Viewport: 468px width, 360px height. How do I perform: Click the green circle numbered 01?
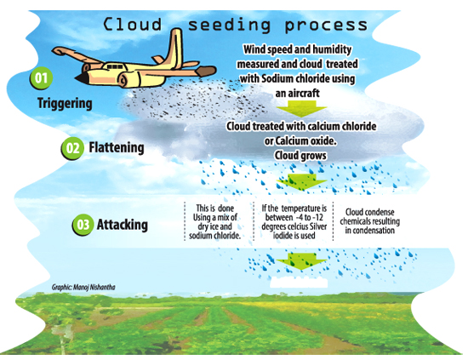point(41,78)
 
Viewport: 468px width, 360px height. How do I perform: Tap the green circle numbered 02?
point(72,148)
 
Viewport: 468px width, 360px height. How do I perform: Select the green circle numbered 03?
point(83,225)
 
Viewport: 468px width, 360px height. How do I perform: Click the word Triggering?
point(65,104)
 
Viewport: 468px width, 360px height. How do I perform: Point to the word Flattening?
point(117,147)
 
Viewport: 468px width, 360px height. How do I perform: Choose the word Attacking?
point(122,225)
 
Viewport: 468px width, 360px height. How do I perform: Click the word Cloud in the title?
point(132,24)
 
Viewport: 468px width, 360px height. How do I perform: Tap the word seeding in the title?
point(229,26)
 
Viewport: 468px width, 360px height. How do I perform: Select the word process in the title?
point(326,26)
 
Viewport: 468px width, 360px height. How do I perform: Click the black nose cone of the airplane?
point(80,78)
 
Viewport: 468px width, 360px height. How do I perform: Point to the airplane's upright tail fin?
point(175,48)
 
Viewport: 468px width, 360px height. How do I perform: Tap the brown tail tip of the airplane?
point(206,71)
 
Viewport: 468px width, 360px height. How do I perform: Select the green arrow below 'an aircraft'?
point(302,108)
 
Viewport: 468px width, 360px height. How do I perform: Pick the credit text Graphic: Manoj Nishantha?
point(83,287)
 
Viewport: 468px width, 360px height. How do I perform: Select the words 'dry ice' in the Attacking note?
point(208,226)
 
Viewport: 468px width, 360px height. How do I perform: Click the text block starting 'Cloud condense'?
point(369,221)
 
